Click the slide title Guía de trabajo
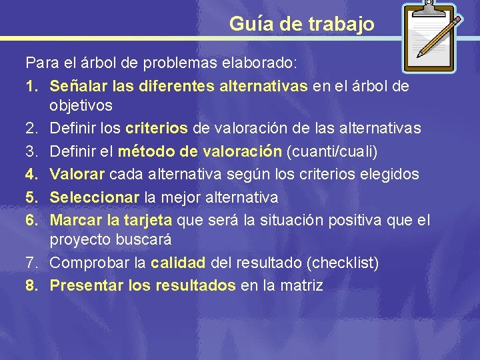click(x=301, y=24)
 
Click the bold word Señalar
click(x=76, y=87)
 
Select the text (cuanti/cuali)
click(x=331, y=152)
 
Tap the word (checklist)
click(x=343, y=263)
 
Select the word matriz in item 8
click(x=301, y=286)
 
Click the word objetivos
click(x=81, y=106)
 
